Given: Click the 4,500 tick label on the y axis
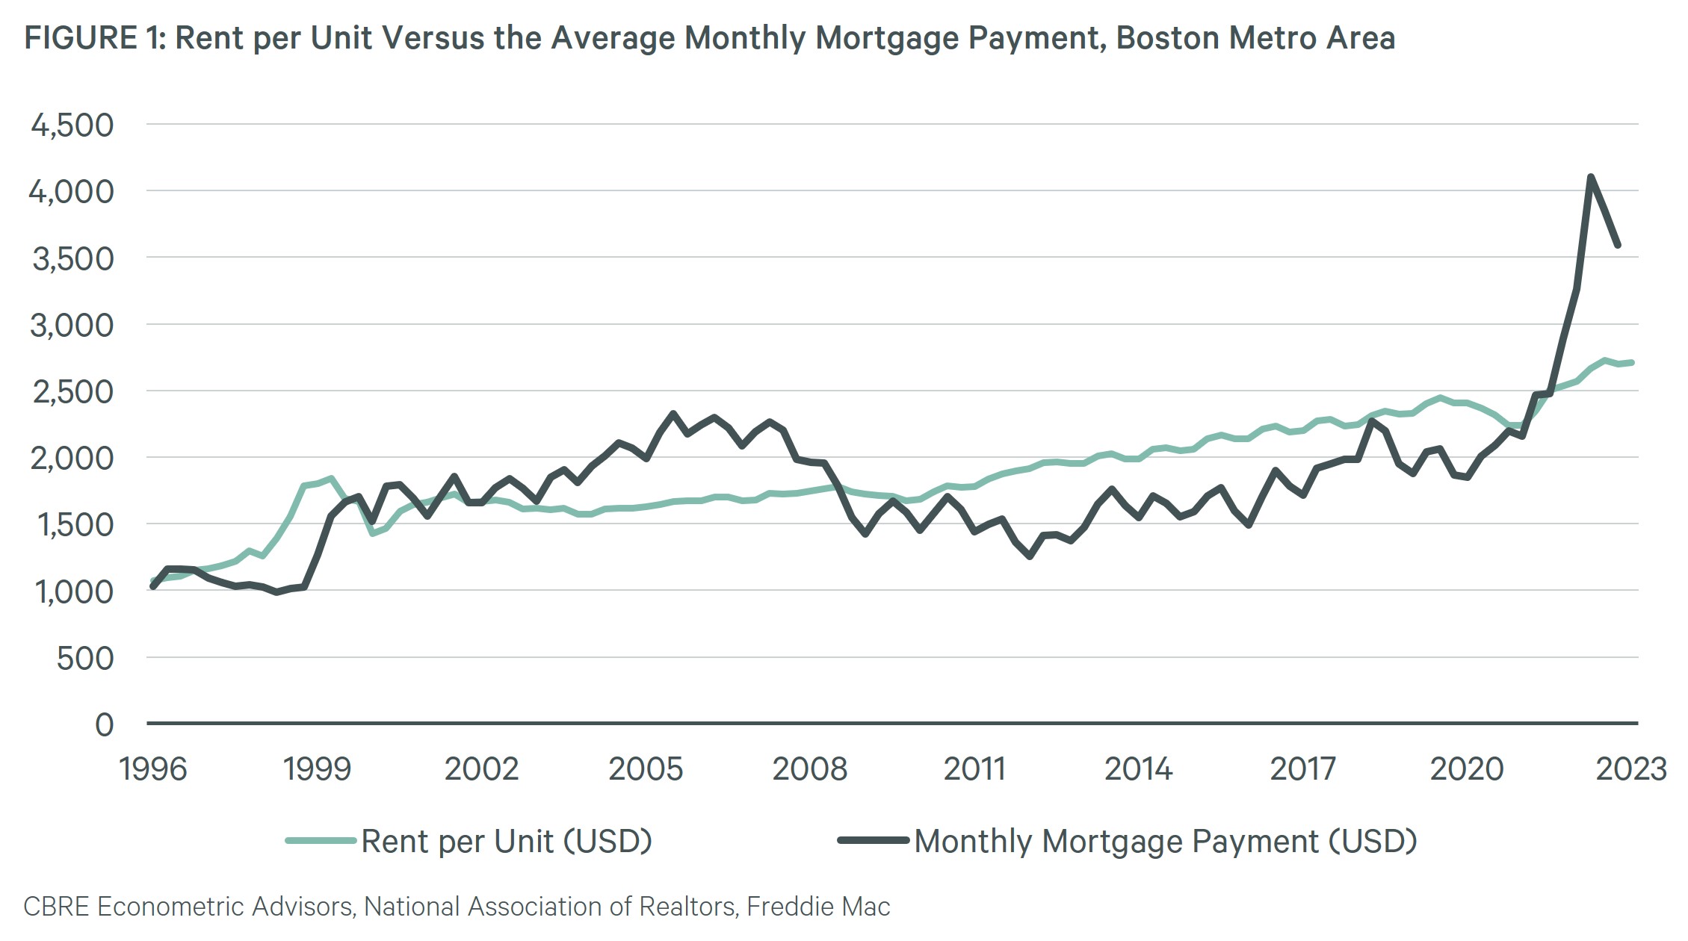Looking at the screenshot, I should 72,125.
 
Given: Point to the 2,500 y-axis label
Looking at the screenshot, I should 72,392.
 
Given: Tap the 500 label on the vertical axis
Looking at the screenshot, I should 84,659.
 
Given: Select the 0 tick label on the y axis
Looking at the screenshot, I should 105,725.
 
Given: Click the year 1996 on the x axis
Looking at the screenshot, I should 153,768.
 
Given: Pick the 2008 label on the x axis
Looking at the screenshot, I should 809,768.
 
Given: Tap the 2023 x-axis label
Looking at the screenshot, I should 1630,768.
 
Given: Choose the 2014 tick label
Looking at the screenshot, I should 1138,768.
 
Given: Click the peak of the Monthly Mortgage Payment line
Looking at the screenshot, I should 1590,177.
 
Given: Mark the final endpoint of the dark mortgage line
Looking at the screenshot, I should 1618,245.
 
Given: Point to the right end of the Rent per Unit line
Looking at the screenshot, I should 1632,363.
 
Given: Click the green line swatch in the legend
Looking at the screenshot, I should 321,841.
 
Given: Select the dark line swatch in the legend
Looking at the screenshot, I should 873,841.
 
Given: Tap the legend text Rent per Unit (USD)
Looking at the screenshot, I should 507,841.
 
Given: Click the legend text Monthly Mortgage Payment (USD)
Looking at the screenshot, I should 1166,841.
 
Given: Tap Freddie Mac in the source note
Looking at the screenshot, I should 818,907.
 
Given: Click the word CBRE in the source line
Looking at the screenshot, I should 56,907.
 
